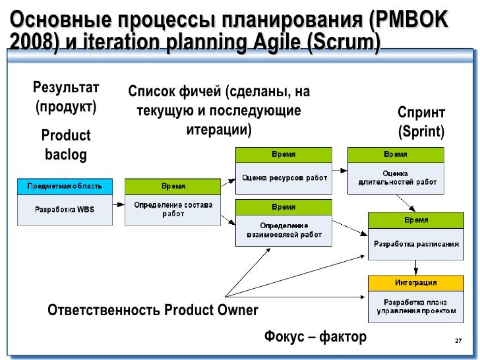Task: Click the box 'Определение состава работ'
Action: pyautogui.click(x=173, y=210)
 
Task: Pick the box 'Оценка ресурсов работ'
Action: pyautogui.click(x=284, y=177)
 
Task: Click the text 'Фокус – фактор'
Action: pyautogui.click(x=315, y=338)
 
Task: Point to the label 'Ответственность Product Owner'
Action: pyautogui.click(x=153, y=310)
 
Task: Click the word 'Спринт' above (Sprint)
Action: pyautogui.click(x=421, y=113)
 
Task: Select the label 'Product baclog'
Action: pyautogui.click(x=65, y=145)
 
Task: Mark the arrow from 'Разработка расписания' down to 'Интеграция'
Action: pyautogui.click(x=415, y=267)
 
